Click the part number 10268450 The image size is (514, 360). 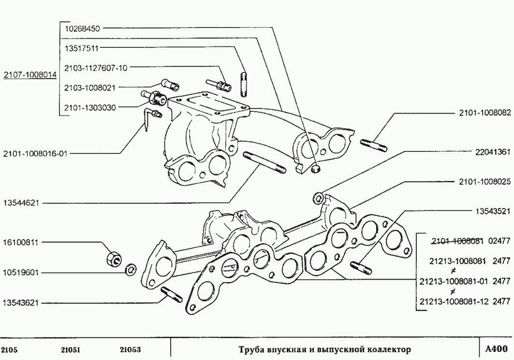click(x=82, y=29)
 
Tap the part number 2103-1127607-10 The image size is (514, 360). click(x=96, y=68)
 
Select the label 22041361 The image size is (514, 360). click(x=492, y=151)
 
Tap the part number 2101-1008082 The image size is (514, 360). click(x=485, y=113)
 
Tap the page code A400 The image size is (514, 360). click(x=496, y=348)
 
